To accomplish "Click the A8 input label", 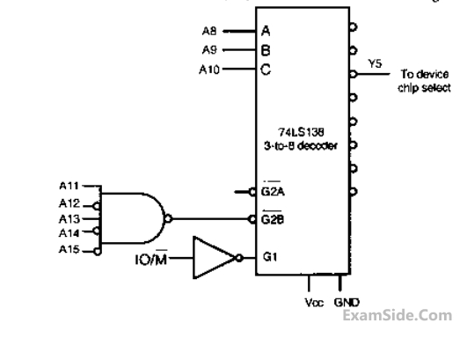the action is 209,31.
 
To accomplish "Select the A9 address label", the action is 209,50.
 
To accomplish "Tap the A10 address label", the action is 209,70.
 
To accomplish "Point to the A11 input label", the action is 69,186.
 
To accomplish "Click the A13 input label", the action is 69,219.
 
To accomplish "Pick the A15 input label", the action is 69,249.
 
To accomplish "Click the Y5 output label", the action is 375,63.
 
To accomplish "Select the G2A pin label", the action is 273,191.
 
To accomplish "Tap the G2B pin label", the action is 273,219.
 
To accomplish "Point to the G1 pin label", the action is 270,257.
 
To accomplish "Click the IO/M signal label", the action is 151,259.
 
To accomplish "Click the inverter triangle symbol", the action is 215,258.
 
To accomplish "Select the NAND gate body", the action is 132,218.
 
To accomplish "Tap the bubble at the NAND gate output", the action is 168,219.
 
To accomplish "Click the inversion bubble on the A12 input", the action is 97,206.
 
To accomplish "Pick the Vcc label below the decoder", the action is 314,303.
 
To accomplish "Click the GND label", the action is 347,303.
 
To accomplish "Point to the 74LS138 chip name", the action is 301,132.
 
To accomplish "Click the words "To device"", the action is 425,74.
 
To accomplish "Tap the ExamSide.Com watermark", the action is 398,316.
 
